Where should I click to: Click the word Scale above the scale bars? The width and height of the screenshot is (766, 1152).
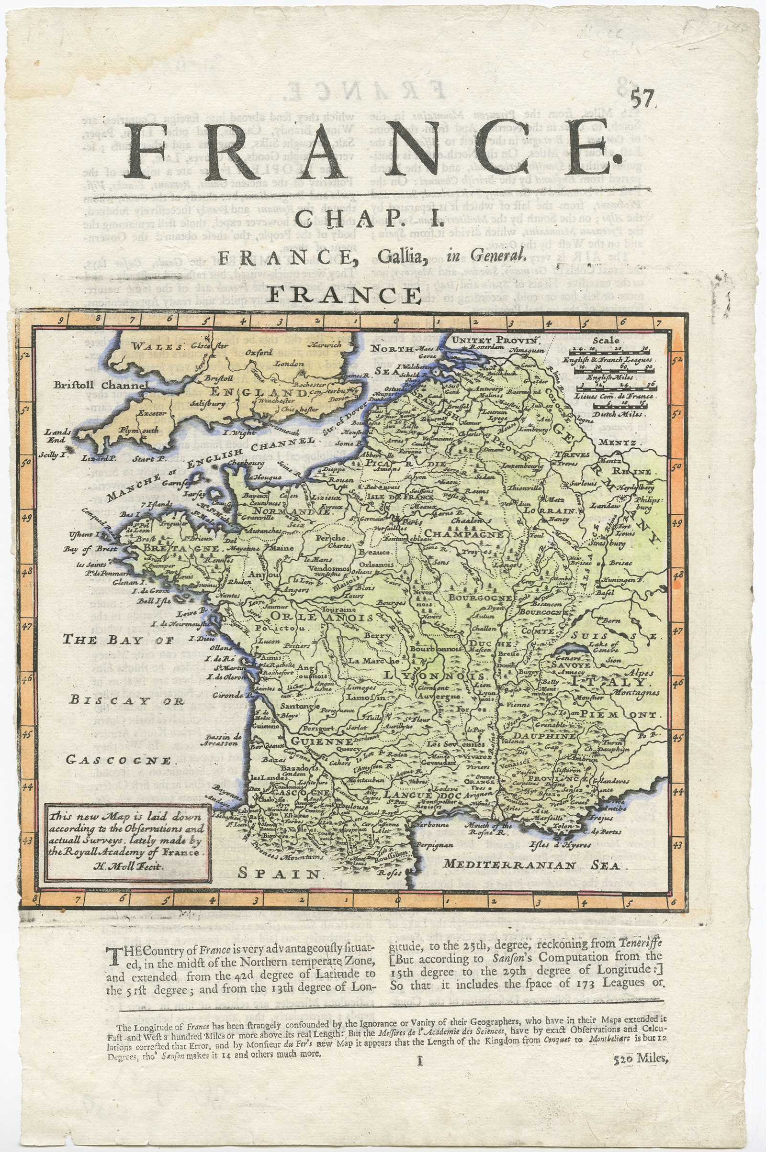coord(607,340)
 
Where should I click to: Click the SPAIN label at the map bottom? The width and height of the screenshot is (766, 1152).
coord(279,873)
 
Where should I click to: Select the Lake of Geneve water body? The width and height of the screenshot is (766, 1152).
coord(594,648)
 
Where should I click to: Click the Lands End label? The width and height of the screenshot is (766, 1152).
coord(57,435)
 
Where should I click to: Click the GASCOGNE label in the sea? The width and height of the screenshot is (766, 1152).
coord(119,760)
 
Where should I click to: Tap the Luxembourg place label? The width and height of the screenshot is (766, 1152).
coord(521,466)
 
